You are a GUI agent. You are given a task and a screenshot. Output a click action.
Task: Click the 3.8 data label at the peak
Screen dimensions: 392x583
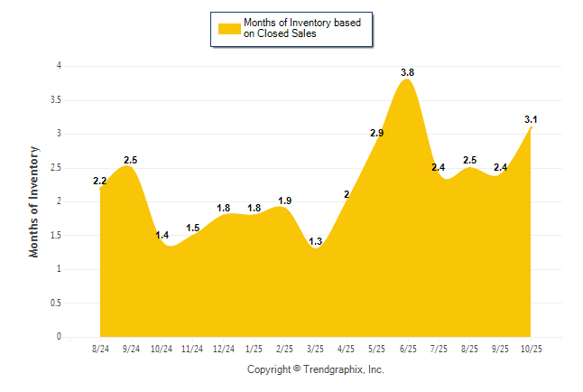[x=407, y=72]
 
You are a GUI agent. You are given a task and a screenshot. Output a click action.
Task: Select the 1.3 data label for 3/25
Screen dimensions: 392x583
[x=315, y=241]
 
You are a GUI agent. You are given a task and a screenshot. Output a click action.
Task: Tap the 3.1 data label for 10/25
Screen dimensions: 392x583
[x=531, y=119]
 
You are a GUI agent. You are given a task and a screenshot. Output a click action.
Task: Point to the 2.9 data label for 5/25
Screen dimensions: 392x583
[x=377, y=134]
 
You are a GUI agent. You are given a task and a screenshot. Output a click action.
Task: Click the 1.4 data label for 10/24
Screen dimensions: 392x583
[x=162, y=235]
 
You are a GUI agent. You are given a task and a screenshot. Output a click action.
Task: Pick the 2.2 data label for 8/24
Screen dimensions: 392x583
[x=100, y=181]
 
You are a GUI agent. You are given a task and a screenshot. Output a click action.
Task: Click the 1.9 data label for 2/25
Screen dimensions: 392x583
[x=284, y=201]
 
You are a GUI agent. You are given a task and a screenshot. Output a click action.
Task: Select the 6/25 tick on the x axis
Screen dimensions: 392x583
[x=408, y=349]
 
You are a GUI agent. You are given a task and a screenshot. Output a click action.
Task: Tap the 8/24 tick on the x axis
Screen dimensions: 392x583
[x=100, y=349]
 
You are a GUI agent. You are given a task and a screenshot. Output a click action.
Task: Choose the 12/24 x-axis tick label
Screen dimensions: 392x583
[x=223, y=349]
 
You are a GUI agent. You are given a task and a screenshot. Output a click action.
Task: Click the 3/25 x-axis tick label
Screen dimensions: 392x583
[x=316, y=349]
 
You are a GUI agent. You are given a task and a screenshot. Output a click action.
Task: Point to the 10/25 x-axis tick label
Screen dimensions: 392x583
[x=531, y=349]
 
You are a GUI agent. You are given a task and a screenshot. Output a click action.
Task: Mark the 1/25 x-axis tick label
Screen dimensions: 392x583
[x=254, y=349]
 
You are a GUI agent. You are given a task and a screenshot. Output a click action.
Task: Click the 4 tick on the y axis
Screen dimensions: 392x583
[x=59, y=66]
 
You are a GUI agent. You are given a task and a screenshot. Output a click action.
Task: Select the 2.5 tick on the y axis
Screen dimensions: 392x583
[x=56, y=167]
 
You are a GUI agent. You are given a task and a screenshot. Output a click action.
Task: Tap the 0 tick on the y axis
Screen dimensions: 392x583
[x=59, y=337]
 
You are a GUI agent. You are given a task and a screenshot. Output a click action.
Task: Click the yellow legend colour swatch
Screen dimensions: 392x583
[x=227, y=29]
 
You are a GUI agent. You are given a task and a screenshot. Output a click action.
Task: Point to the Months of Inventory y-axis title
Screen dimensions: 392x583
[x=34, y=201]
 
